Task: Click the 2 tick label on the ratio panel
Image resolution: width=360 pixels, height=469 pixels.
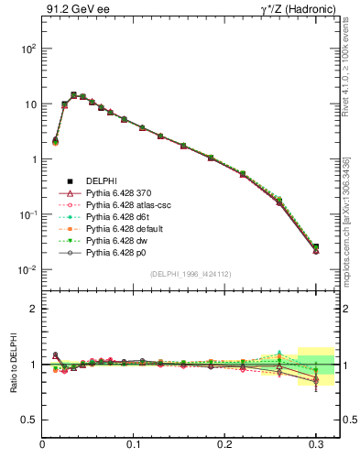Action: tap(32, 309)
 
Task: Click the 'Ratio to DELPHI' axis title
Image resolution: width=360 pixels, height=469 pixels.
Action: tap(12, 364)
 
